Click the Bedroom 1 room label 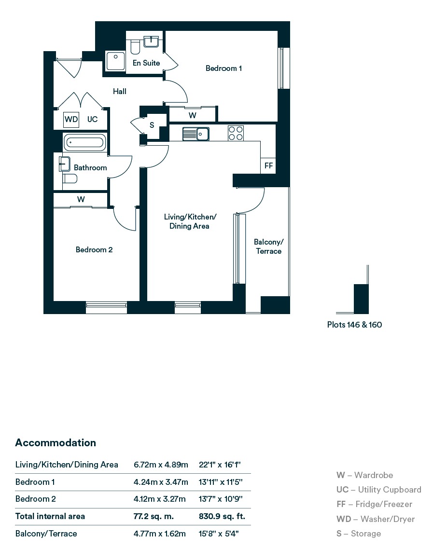[x=223, y=69]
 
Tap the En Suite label [x=146, y=63]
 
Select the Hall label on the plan [x=119, y=91]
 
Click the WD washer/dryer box [x=71, y=119]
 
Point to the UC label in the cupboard [x=93, y=119]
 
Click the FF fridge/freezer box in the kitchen [x=268, y=165]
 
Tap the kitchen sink [x=196, y=134]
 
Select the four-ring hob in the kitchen [x=236, y=133]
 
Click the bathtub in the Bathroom [x=84, y=142]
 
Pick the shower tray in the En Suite [x=115, y=61]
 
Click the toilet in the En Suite [x=135, y=47]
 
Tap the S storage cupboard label [x=152, y=125]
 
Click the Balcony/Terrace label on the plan [x=269, y=247]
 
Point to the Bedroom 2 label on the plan [x=94, y=249]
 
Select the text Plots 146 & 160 [x=354, y=325]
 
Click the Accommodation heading [x=56, y=442]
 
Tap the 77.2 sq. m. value [x=154, y=517]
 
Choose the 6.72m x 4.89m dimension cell [x=161, y=465]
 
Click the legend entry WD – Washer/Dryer [x=376, y=519]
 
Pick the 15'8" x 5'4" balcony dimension [x=219, y=534]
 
